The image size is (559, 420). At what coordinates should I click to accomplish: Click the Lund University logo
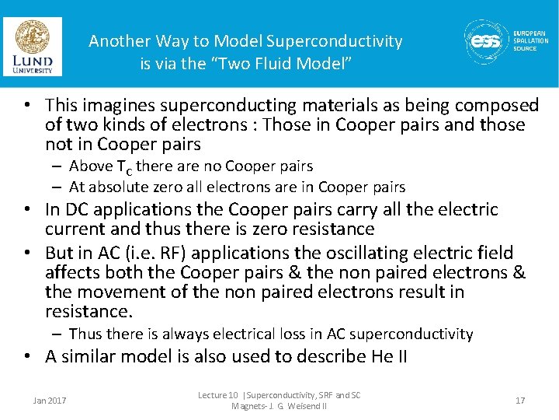coord(32,46)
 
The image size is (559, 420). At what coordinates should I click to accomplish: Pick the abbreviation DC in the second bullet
coord(76,209)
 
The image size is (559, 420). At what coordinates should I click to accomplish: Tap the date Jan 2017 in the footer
coord(50,401)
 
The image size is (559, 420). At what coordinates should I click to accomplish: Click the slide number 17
coord(519,401)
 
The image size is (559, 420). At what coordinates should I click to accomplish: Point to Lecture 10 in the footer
coord(219,396)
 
